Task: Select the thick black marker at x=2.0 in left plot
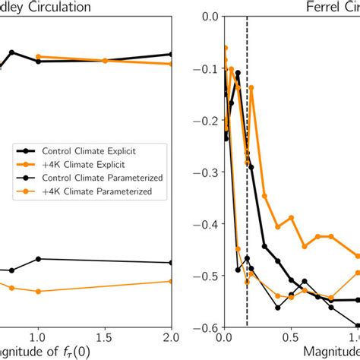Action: click(172, 54)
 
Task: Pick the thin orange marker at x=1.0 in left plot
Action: click(37, 292)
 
